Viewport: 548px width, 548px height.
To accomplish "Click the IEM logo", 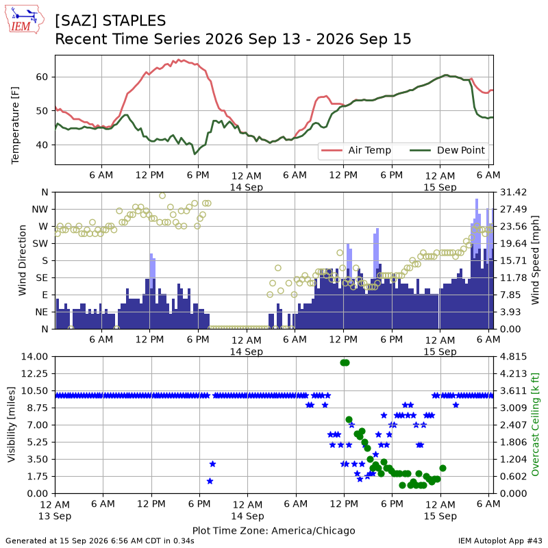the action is pyautogui.click(x=25, y=19).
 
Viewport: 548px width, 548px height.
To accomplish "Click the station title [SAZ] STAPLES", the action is pyautogui.click(x=110, y=21).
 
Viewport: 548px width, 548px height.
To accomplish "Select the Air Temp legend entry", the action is pyautogui.click(x=356, y=150).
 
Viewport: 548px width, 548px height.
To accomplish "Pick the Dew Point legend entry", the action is pyautogui.click(x=447, y=150).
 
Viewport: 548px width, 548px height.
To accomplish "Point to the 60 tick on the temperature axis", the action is pyautogui.click(x=42, y=77).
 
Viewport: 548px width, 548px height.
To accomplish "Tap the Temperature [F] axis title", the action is pyautogui.click(x=14, y=125).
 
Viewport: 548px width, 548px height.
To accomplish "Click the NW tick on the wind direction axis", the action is pyautogui.click(x=40, y=210).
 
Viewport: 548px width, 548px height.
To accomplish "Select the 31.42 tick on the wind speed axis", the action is pyautogui.click(x=513, y=192).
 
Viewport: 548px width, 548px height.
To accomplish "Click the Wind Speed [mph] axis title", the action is pyautogui.click(x=535, y=260).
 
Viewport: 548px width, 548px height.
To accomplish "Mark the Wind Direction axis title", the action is pyautogui.click(x=23, y=260).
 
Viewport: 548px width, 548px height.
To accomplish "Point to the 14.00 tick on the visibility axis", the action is pyautogui.click(x=34, y=356).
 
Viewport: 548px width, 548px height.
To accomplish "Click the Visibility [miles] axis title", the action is pyautogui.click(x=11, y=425).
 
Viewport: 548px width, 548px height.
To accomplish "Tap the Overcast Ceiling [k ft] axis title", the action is pyautogui.click(x=535, y=425).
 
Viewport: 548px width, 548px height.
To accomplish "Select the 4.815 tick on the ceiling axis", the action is pyautogui.click(x=513, y=356).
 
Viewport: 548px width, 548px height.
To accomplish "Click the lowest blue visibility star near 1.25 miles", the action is pyautogui.click(x=210, y=482).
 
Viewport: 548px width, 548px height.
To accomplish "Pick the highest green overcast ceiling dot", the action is pyautogui.click(x=345, y=363).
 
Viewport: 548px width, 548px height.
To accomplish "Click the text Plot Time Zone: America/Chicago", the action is pyautogui.click(x=273, y=530).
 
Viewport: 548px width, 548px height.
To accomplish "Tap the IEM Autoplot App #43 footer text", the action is pyautogui.click(x=500, y=541).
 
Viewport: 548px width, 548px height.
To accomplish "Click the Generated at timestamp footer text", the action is pyautogui.click(x=99, y=541).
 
